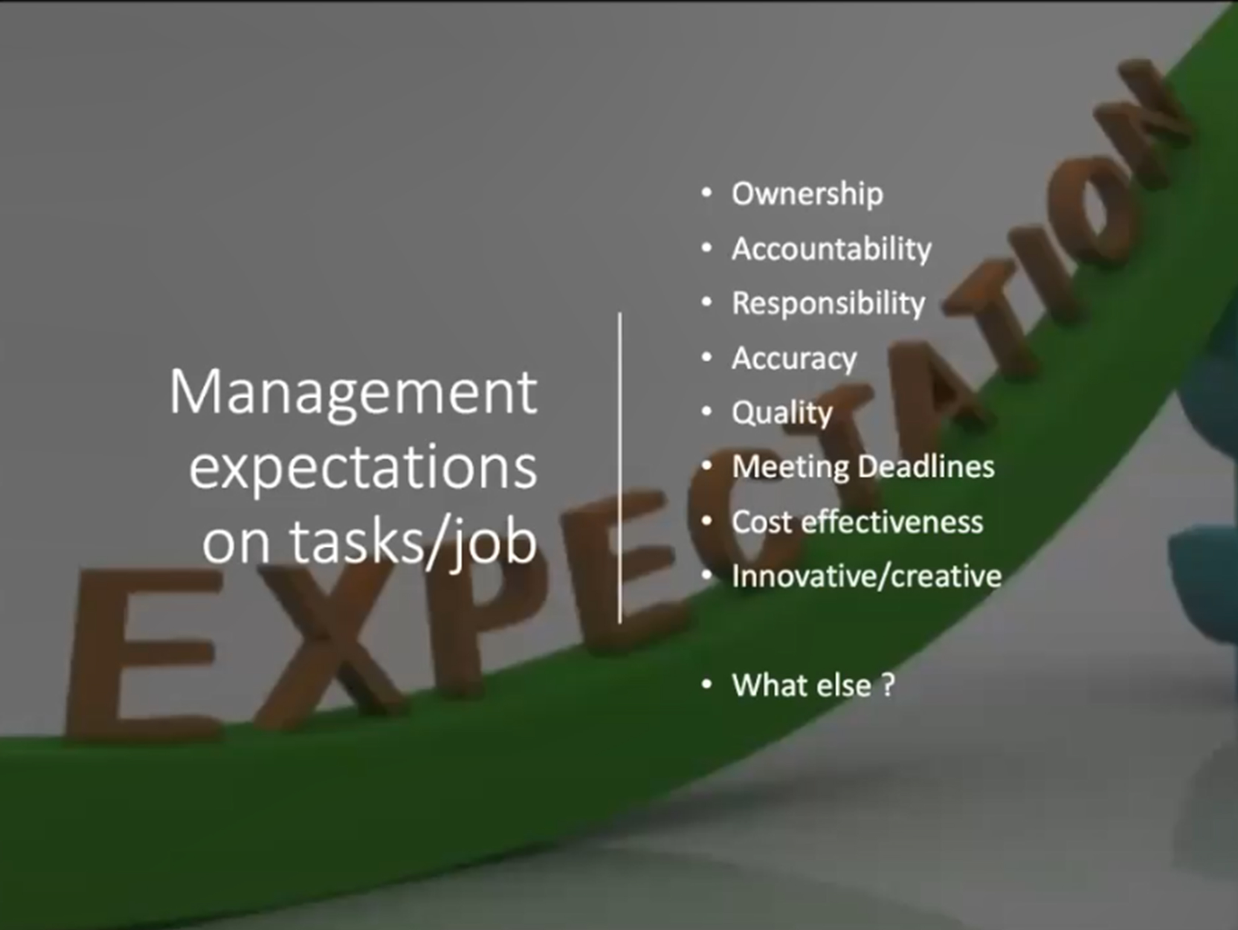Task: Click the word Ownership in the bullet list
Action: click(x=807, y=194)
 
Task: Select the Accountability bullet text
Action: click(x=831, y=249)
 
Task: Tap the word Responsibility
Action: click(x=828, y=303)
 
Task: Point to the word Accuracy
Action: click(x=794, y=358)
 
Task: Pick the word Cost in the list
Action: click(x=761, y=522)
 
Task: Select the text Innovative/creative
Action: click(x=866, y=576)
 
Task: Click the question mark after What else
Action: click(x=888, y=685)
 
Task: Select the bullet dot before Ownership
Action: click(x=706, y=193)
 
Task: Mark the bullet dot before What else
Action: click(x=706, y=684)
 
